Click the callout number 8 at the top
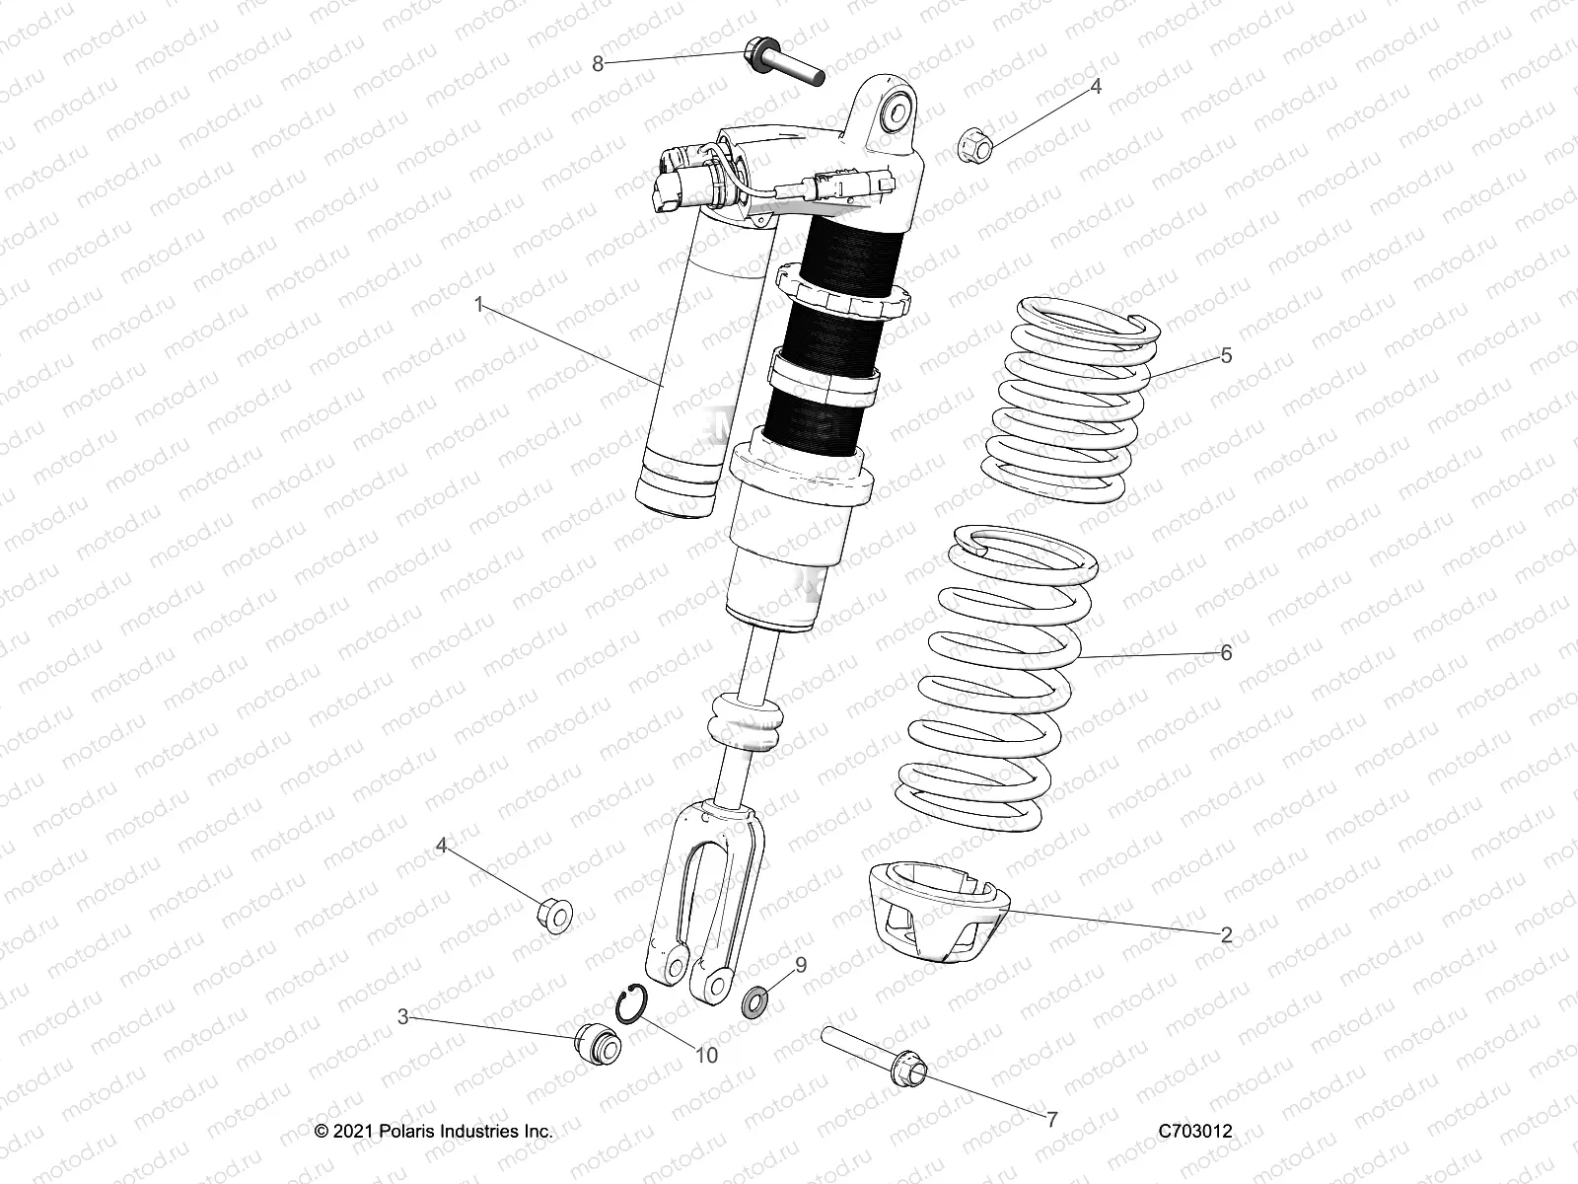pyautogui.click(x=598, y=64)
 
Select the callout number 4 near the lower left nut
pyautogui.click(x=443, y=846)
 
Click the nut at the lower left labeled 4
pyautogui.click(x=555, y=915)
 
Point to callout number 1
pyautogui.click(x=479, y=306)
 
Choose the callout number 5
pyautogui.click(x=1226, y=356)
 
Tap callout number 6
pyautogui.click(x=1226, y=653)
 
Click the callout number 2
pyautogui.click(x=1226, y=936)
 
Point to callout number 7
pyautogui.click(x=1051, y=1120)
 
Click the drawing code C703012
pyautogui.click(x=1196, y=1133)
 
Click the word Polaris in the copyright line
pyautogui.click(x=408, y=1133)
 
